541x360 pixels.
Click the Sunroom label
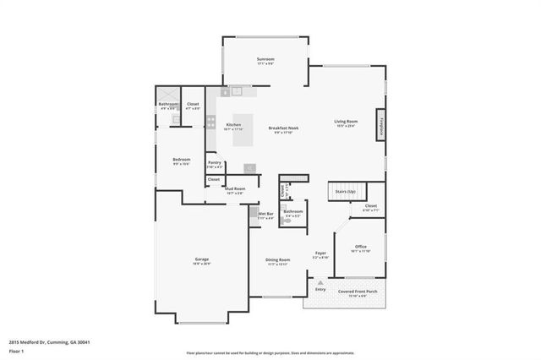(x=265, y=59)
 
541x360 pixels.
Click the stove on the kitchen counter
(x=211, y=122)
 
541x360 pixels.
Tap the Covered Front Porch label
(x=358, y=292)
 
